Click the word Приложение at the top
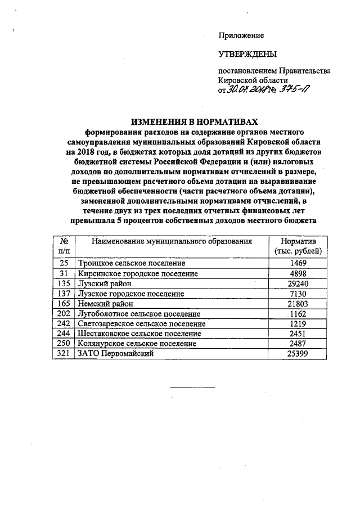coord(241,35)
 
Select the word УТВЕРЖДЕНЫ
coord(247,54)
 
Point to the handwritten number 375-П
coord(294,90)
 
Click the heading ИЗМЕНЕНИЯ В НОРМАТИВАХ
coord(188,121)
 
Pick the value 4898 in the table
coord(299,273)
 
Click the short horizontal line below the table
coord(192,388)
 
